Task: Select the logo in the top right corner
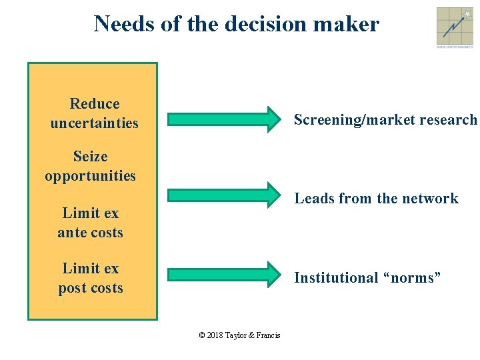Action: (455, 27)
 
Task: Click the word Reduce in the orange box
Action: (95, 104)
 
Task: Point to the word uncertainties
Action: (94, 123)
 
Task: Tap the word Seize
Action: (90, 157)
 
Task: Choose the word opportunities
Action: (90, 176)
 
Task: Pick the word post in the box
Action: (72, 288)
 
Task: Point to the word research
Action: (453, 120)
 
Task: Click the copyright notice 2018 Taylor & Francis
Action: (240, 335)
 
